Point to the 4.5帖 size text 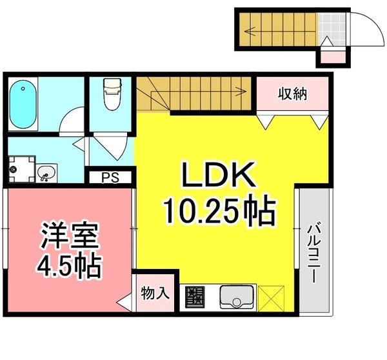coord(70,265)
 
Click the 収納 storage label coord(292,94)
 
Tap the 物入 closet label coord(155,293)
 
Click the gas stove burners coord(195,297)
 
